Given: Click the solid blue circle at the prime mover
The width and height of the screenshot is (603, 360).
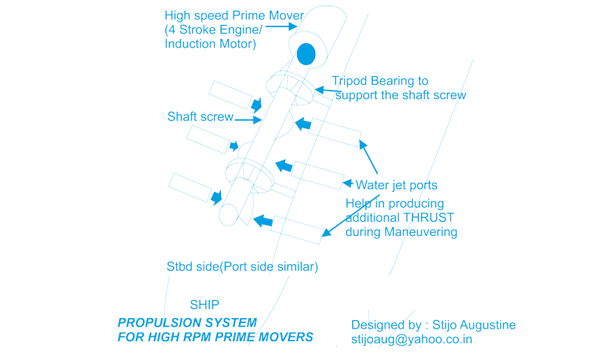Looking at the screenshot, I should click(305, 53).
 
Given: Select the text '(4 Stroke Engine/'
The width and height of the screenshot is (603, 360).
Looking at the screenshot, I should click(215, 30).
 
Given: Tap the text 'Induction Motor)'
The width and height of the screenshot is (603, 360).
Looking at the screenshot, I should click(211, 43).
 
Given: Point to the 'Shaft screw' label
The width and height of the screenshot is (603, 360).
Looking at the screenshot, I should click(200, 117).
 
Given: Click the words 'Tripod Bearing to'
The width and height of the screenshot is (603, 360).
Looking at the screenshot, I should click(381, 82).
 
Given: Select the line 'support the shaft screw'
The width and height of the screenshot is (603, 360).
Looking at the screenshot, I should click(400, 95).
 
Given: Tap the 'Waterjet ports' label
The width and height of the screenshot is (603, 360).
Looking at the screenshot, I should click(397, 185).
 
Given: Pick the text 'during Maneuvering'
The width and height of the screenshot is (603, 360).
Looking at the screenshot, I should click(402, 232).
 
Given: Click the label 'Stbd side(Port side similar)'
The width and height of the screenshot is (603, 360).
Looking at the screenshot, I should click(242, 267).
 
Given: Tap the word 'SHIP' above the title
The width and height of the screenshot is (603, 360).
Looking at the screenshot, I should click(205, 305).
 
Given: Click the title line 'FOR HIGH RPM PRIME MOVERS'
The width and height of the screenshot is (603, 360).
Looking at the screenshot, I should click(215, 338).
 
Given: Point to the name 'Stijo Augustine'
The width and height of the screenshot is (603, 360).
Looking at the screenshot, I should click(474, 325).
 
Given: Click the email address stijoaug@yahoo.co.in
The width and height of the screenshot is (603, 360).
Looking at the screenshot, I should click(411, 339).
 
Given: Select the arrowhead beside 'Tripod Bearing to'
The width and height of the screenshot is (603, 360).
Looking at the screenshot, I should click(320, 89).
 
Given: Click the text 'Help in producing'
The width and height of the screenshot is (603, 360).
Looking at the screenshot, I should click(395, 203).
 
